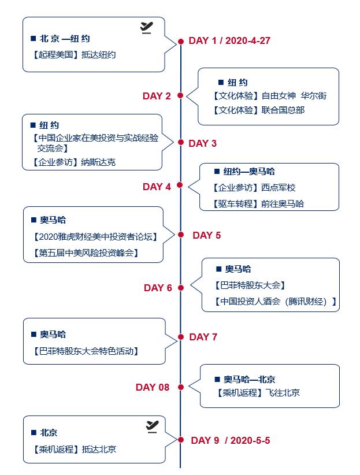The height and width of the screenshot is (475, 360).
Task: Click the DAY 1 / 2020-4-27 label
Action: point(229,40)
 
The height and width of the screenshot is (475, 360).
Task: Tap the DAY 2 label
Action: point(157,96)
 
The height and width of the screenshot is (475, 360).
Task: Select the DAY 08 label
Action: point(153,387)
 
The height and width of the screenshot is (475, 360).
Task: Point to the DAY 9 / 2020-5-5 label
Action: point(231,440)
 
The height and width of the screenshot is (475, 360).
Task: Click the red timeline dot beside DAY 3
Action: point(181,142)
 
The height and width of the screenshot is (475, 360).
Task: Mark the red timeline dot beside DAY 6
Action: point(181,288)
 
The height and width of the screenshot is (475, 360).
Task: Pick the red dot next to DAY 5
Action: point(181,235)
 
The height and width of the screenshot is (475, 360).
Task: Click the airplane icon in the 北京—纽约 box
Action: point(146,28)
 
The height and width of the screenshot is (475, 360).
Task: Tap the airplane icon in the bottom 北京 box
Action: point(152,426)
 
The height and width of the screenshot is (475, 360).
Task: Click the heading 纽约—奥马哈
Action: point(249,172)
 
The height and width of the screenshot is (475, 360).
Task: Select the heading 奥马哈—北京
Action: point(250,379)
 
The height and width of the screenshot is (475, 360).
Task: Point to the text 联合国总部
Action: point(283,110)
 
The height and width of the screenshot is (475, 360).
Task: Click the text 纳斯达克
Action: point(98,162)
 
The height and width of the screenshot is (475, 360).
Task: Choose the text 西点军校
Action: point(278,188)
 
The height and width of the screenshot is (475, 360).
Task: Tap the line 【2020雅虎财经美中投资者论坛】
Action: point(95,236)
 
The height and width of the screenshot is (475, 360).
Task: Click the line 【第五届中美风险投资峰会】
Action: point(85,253)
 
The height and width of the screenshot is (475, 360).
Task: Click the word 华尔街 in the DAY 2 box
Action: point(314,96)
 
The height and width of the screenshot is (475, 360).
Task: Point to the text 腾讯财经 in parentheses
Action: point(306,302)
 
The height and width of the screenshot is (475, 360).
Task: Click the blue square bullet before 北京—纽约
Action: point(34,39)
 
